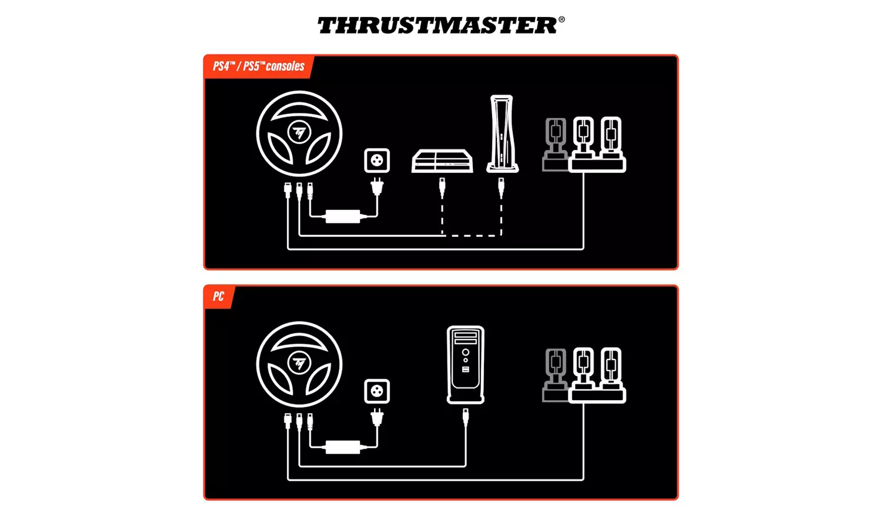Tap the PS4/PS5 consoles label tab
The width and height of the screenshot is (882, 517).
[259, 66]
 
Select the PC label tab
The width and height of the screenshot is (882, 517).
[218, 297]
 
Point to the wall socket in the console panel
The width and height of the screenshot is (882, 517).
[377, 160]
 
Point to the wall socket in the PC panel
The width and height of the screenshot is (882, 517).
[377, 391]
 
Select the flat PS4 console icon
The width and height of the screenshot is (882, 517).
[442, 161]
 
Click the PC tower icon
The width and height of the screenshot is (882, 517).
[466, 364]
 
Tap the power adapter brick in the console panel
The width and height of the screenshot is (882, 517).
[343, 216]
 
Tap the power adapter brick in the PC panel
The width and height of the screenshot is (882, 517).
[343, 446]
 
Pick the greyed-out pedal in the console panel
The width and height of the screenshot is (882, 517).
[555, 144]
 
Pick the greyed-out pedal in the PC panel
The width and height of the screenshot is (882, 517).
[555, 374]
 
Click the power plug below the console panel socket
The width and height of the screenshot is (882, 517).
[377, 187]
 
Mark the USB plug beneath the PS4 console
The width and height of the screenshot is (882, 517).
[442, 188]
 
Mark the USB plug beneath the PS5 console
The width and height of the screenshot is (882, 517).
[501, 188]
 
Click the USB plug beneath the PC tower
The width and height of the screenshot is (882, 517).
[466, 418]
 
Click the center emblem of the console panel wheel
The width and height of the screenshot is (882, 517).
[299, 133]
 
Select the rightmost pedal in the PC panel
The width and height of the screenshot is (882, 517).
[611, 370]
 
